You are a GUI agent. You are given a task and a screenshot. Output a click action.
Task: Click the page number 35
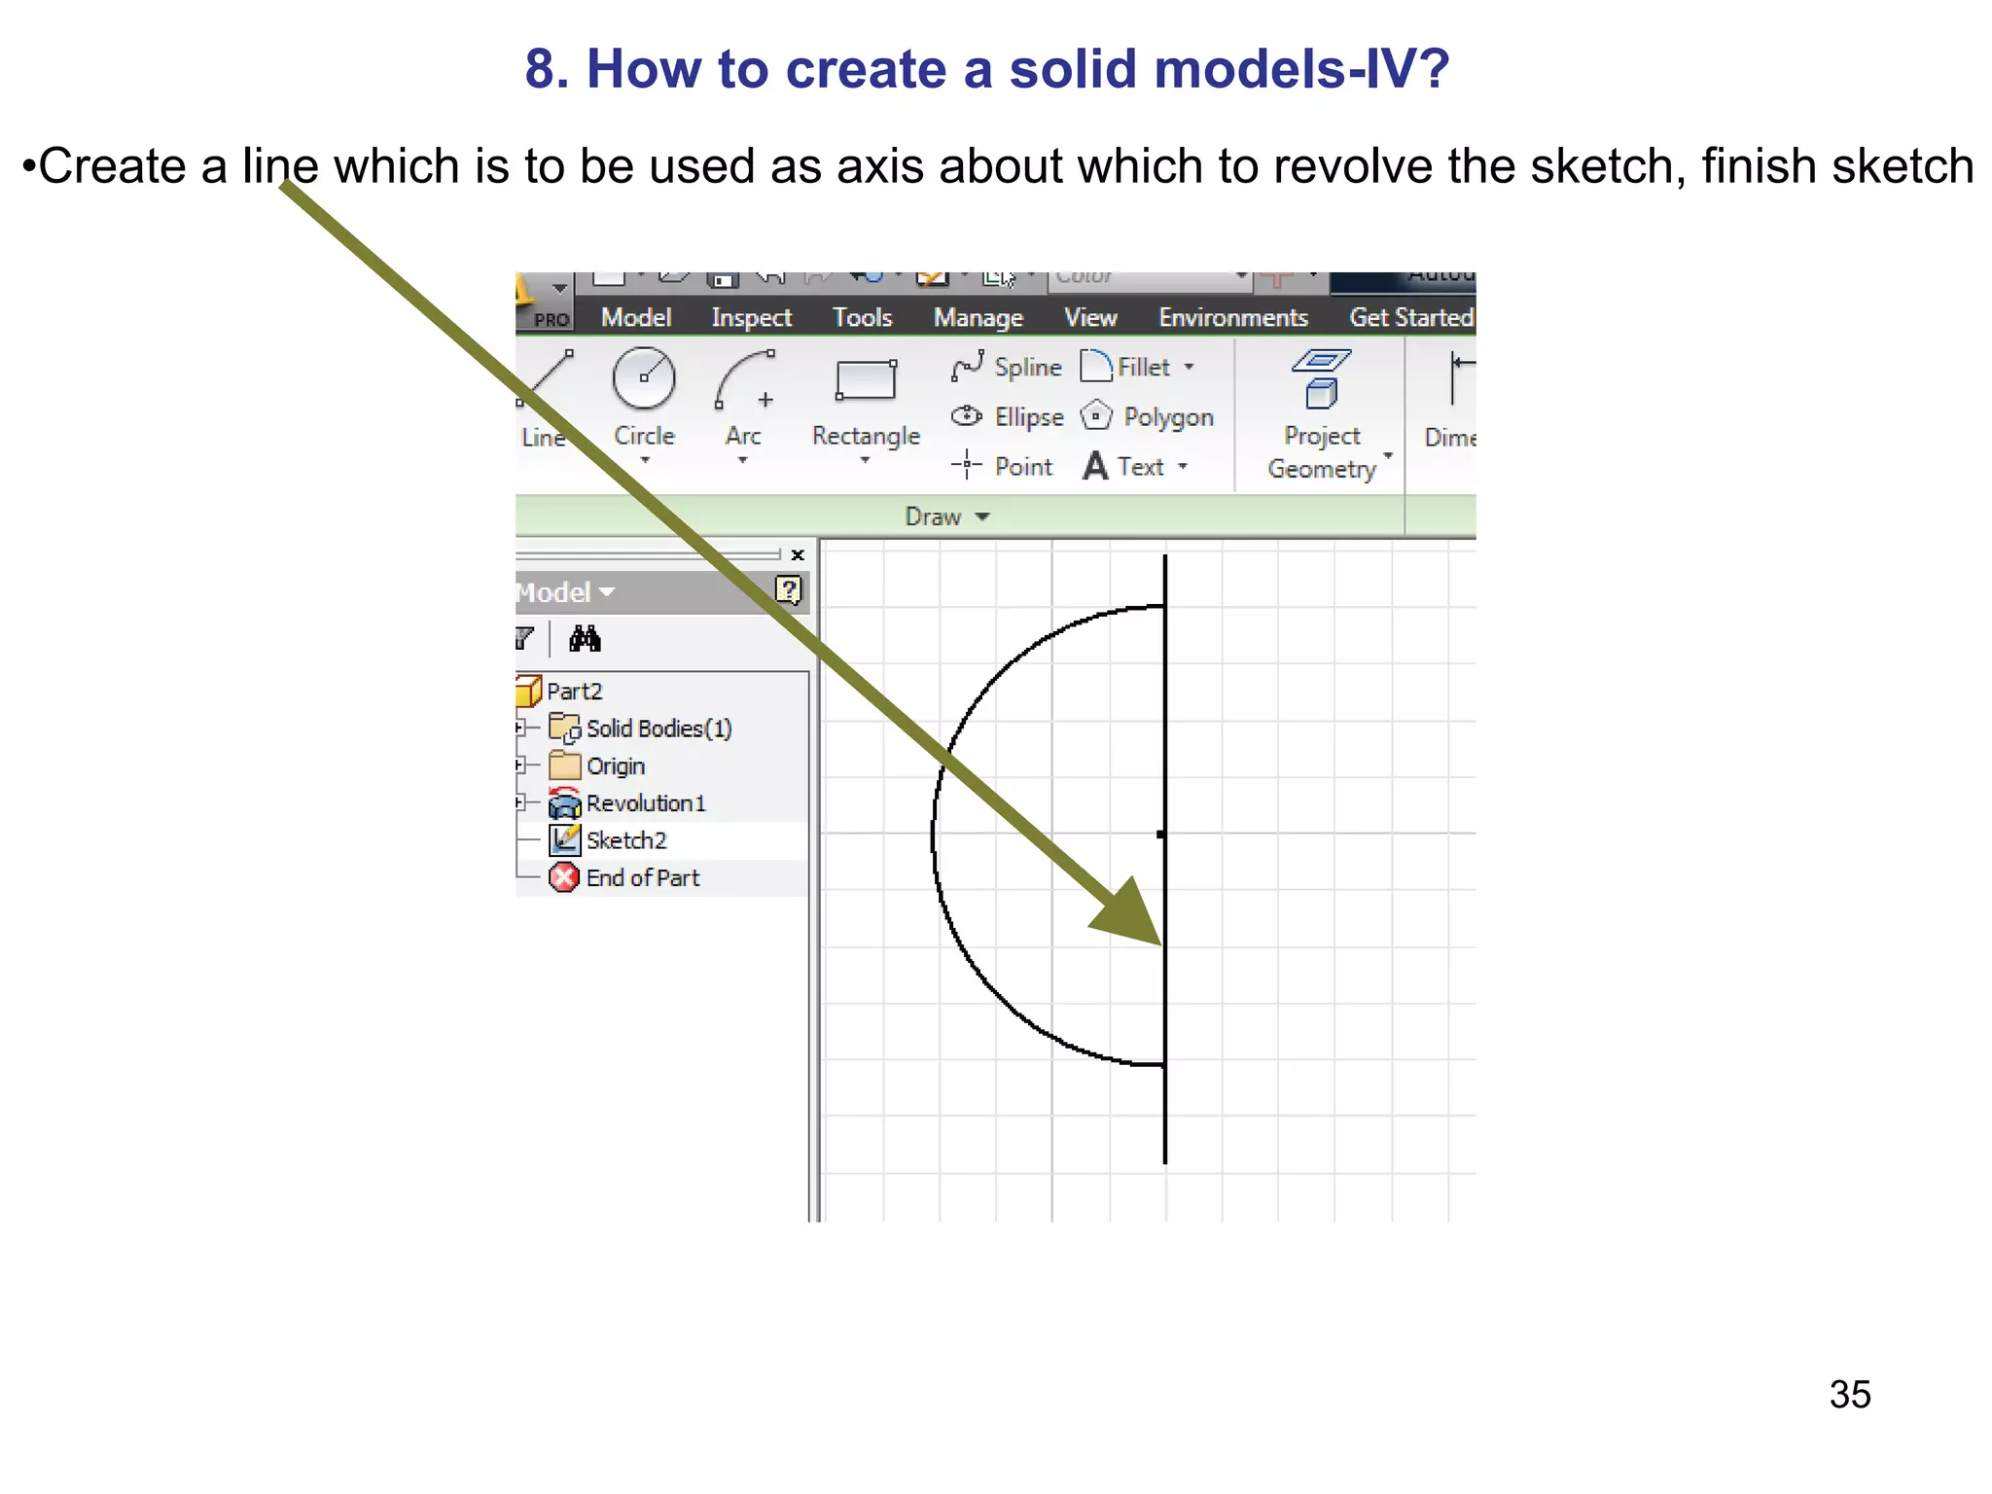(x=1849, y=1394)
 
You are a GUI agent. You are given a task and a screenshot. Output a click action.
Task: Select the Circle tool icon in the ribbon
(x=643, y=378)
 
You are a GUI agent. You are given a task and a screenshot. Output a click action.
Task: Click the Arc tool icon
(x=744, y=380)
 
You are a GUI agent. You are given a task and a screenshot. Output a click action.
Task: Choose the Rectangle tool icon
(x=866, y=380)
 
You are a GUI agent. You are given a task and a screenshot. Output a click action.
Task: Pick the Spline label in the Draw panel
(x=1027, y=368)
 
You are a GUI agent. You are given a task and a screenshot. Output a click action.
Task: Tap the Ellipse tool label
(x=1028, y=417)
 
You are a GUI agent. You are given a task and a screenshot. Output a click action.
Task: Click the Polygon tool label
(x=1168, y=417)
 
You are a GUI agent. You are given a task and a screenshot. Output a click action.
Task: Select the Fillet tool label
(x=1143, y=368)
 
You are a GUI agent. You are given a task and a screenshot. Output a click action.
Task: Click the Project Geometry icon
(x=1321, y=380)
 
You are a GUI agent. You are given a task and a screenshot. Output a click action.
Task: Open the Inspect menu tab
(x=751, y=318)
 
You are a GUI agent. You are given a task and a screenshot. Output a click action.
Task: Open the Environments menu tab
(x=1232, y=318)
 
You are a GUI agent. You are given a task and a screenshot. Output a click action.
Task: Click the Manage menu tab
(x=978, y=318)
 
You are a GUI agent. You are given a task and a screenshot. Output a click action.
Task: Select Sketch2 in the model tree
(x=625, y=840)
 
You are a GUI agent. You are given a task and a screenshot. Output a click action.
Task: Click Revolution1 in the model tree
(x=645, y=803)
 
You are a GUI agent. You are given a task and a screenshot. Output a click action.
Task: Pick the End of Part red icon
(x=564, y=877)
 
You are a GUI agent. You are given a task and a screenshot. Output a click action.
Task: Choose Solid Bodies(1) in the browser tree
(x=658, y=729)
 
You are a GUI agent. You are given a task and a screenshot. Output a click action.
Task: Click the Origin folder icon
(x=564, y=766)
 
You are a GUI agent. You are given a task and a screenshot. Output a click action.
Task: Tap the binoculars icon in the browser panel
(x=585, y=639)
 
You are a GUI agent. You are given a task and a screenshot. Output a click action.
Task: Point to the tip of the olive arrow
(x=1159, y=943)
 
